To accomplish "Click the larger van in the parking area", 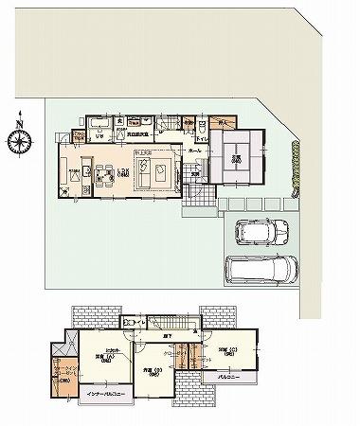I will point(258,270).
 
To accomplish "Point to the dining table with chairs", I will point(99,173).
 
